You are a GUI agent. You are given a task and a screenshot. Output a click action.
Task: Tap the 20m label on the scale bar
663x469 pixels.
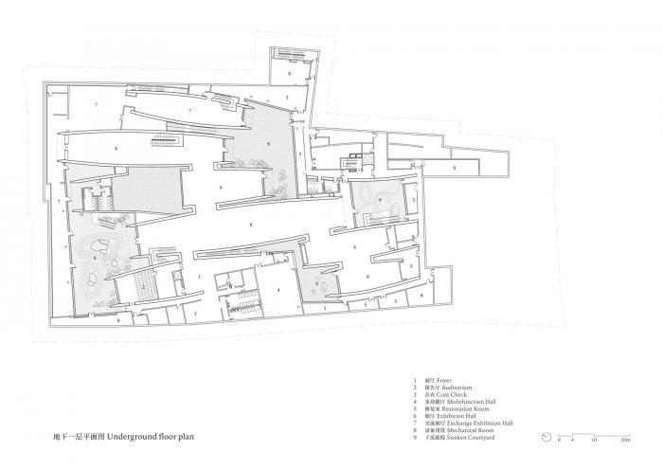(x=625, y=442)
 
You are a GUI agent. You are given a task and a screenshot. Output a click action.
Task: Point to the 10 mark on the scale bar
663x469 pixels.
(x=594, y=442)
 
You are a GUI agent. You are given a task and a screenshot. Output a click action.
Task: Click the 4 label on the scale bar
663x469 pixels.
(x=572, y=442)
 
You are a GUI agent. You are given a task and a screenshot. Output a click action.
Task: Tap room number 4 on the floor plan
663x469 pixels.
(x=278, y=289)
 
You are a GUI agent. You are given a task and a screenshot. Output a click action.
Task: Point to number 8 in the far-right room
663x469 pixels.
(x=455, y=168)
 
